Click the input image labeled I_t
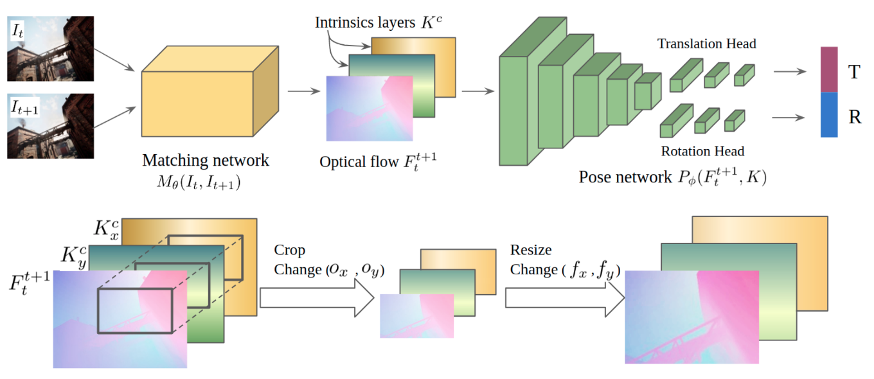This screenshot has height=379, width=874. (50, 48)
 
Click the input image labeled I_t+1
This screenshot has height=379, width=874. (50, 126)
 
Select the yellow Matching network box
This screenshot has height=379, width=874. (210, 91)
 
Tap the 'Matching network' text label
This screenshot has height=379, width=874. (206, 160)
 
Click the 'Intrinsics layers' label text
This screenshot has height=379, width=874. (365, 22)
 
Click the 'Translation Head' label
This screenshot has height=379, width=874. (707, 44)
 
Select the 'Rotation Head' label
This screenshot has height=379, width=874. (702, 151)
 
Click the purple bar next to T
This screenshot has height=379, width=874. (829, 69)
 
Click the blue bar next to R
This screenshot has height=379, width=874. (829, 114)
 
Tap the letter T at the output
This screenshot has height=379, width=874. (854, 72)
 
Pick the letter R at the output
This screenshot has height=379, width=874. (855, 117)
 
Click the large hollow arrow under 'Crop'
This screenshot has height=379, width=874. (317, 298)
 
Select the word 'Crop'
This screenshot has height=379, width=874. (289, 251)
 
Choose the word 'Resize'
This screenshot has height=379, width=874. (531, 249)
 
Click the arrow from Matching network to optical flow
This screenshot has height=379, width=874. (304, 91)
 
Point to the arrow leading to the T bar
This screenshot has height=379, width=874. (790, 71)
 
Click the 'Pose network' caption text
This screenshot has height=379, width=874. (625, 177)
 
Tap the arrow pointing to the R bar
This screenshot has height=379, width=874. (788, 118)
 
